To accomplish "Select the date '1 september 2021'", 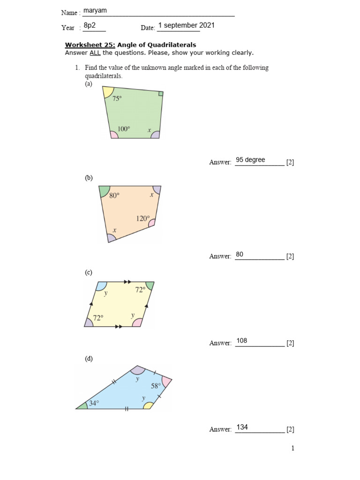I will point(186,25).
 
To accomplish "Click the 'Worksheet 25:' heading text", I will point(90,45).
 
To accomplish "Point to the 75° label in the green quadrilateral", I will point(117,98).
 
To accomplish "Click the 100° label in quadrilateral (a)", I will point(123,128).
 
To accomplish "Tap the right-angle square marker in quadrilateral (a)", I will point(161,94).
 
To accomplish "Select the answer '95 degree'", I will point(250,160).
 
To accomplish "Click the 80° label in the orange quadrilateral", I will point(114,196).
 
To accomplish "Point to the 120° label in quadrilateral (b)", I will point(143,218).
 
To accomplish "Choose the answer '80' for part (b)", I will point(240,254).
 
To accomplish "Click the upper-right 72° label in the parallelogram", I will point(140,290).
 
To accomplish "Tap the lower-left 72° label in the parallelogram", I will point(98,318).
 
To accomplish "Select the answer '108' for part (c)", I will point(241,341).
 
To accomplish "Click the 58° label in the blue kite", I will point(156,386).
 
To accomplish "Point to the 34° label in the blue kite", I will point(94,403).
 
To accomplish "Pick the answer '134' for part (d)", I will point(242,427).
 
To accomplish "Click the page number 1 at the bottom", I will point(293,448).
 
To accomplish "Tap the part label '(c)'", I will point(89,272).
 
